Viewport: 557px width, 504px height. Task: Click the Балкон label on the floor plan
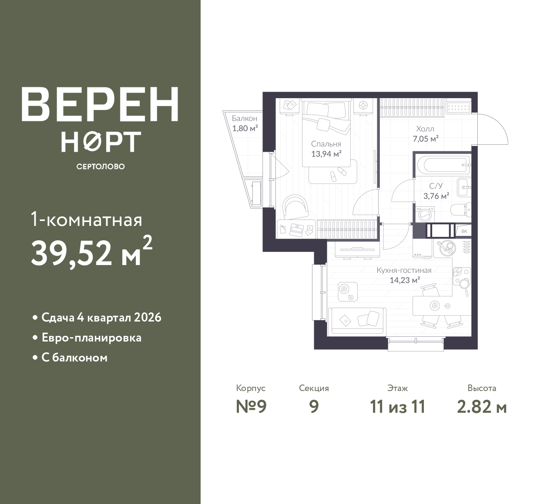click(245, 119)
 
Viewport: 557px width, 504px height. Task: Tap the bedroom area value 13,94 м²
click(326, 153)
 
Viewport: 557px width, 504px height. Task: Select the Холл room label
click(425, 129)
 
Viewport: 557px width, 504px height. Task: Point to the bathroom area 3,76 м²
click(436, 196)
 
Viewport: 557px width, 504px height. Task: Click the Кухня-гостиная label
click(404, 270)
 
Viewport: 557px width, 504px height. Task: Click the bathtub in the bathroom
click(443, 165)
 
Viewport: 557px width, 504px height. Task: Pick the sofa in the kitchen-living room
click(357, 321)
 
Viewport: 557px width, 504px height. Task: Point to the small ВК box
click(464, 231)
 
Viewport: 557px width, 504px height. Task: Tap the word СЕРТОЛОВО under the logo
click(101, 166)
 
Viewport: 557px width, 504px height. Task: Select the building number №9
click(251, 407)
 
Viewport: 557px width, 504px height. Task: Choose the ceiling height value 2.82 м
click(482, 407)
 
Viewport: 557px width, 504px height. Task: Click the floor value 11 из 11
click(398, 407)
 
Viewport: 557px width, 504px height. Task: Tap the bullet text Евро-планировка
click(91, 338)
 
